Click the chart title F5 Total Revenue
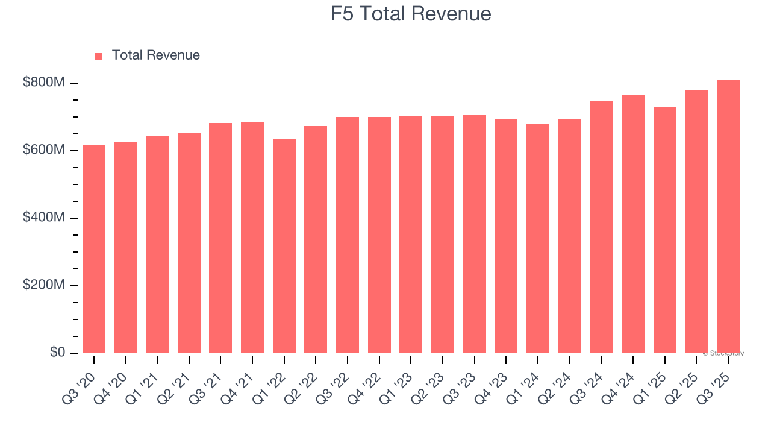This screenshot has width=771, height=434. click(x=411, y=14)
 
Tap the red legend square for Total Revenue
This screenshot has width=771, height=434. click(x=99, y=56)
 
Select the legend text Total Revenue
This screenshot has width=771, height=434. click(x=155, y=55)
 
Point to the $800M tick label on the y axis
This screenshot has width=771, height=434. click(x=44, y=83)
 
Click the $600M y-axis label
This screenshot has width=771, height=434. click(x=44, y=150)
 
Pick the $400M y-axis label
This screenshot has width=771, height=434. click(x=44, y=218)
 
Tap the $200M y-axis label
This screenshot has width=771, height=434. click(x=44, y=285)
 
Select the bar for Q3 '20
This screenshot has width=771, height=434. click(x=94, y=249)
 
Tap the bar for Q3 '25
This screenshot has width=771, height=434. click(x=728, y=216)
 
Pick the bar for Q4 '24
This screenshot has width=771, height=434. click(x=633, y=224)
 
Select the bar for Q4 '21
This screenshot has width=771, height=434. click(x=252, y=237)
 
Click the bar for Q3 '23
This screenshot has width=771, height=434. click(x=475, y=233)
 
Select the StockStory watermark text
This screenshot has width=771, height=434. click(x=723, y=353)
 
